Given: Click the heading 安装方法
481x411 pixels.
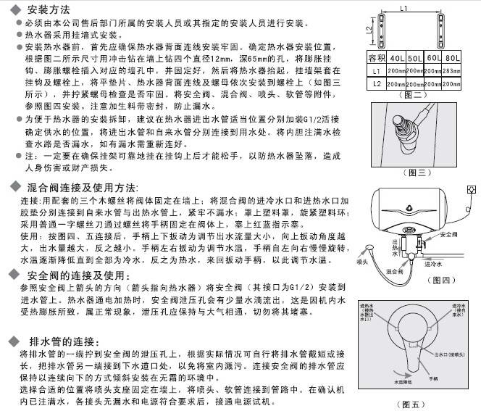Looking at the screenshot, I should [48, 9].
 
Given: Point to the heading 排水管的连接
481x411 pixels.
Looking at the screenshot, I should [57, 341].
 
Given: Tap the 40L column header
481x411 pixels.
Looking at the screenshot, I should [397, 57].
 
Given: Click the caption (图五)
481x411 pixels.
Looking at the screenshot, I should [414, 403].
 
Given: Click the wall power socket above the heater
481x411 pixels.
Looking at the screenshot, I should [471, 190].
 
